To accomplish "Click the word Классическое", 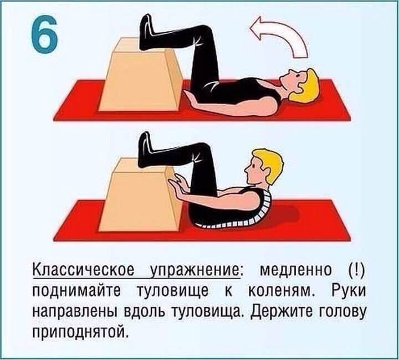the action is tap(83, 271).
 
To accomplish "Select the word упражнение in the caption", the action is tap(194, 271).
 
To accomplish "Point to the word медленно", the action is tap(295, 271).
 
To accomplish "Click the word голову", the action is tap(340, 311).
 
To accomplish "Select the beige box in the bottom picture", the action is tap(140, 195).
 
